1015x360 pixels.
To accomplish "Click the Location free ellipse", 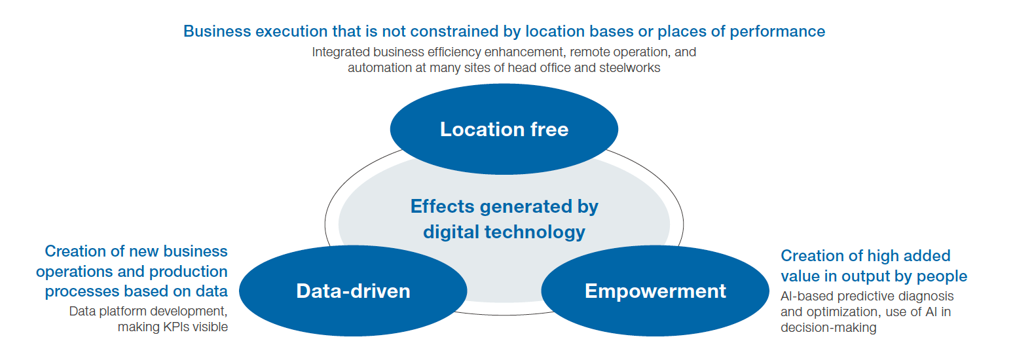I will (x=504, y=151).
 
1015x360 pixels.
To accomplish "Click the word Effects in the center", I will (x=442, y=207).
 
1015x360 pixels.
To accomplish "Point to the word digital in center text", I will (x=451, y=232).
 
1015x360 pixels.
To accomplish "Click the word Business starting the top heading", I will (x=212, y=31).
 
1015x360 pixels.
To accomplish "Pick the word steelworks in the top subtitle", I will (x=630, y=67).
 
